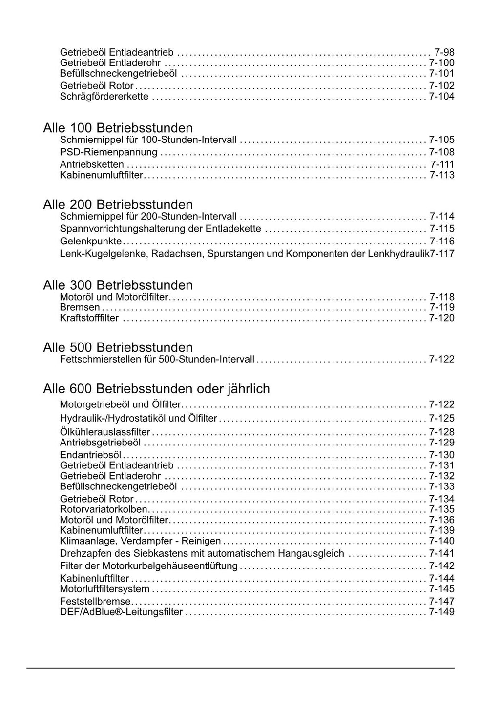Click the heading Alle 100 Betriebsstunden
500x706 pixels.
click(x=118, y=128)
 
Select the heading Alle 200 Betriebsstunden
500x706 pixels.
click(x=118, y=204)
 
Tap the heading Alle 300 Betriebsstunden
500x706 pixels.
click(x=118, y=285)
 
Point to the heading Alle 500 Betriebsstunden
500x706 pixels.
click(x=118, y=347)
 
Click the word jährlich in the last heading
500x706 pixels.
click(x=248, y=389)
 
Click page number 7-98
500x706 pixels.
click(x=444, y=52)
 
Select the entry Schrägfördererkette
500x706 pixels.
click(x=104, y=97)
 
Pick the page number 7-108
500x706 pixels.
click(x=441, y=152)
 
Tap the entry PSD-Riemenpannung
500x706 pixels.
click(x=108, y=152)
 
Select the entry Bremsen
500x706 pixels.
click(x=80, y=307)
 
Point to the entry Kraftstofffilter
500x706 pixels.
click(x=89, y=318)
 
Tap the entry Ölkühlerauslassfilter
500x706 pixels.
click(x=105, y=432)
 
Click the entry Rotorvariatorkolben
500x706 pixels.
click(x=104, y=509)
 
